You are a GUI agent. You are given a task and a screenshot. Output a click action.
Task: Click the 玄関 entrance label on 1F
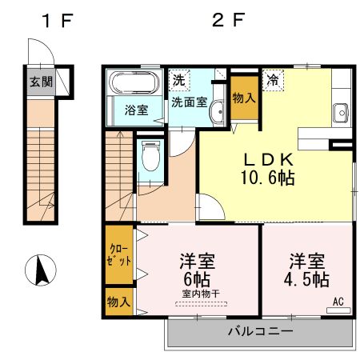coord(41,82)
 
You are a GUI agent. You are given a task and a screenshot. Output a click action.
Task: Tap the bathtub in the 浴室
coord(135,82)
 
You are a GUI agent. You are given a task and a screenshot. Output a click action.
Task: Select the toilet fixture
coord(150,156)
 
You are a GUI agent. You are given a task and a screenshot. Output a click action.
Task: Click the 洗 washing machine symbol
coord(179,80)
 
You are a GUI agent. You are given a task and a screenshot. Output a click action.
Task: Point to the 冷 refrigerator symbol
coord(273,80)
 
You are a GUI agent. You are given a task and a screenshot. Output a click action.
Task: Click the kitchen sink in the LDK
coord(341,113)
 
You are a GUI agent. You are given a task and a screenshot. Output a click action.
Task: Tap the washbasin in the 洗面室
coord(218,112)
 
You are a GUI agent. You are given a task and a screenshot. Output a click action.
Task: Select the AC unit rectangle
coord(338,310)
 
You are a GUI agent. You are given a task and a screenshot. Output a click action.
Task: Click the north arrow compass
coord(41,270)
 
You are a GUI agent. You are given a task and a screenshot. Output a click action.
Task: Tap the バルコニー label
coord(260,331)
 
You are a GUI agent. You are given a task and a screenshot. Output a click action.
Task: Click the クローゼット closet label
coord(119,255)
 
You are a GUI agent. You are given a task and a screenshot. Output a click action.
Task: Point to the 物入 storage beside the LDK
coord(244,98)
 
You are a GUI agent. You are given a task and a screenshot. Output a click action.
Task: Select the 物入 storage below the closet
coord(119,302)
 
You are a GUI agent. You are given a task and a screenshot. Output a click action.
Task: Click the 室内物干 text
coord(201,294)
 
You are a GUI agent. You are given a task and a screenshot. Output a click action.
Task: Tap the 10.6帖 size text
coord(268,178)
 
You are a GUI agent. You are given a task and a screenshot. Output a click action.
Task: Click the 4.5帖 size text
coord(306,280)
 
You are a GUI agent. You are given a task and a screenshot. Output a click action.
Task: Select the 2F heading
coord(228,20)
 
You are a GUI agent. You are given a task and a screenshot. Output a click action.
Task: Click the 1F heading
coord(58,21)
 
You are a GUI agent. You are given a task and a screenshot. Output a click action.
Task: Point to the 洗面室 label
coord(190,102)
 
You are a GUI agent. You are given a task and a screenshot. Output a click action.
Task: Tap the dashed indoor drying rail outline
coord(202,304)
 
